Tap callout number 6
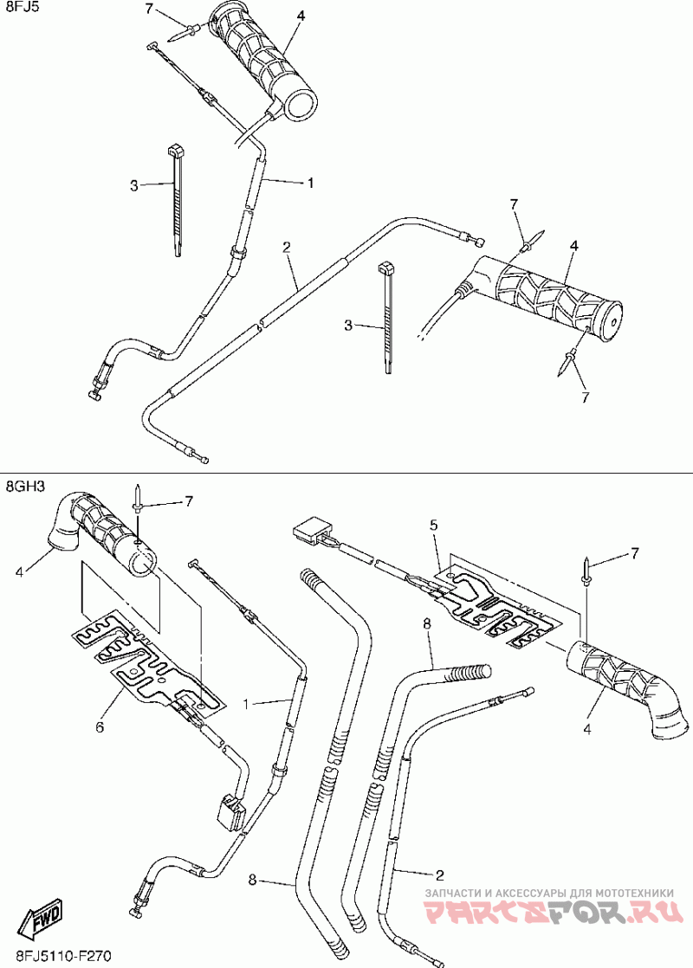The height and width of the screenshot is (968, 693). pos(100,727)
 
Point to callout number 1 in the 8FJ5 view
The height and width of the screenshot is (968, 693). pos(311,183)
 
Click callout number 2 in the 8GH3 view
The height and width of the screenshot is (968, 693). pos(440,874)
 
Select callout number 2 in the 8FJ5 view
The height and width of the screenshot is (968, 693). pos(286,247)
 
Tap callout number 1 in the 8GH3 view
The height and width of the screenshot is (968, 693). pos(246,703)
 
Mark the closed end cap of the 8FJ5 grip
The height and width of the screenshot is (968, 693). pos(610,321)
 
